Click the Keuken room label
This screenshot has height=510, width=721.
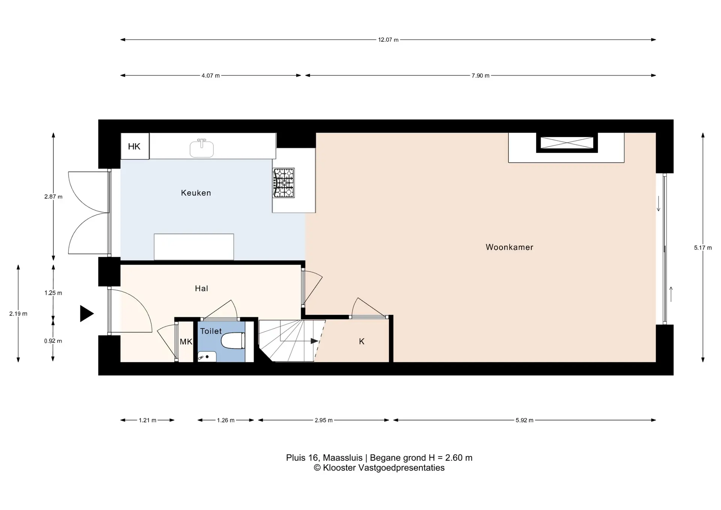tap(196, 193)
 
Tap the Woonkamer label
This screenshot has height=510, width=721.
tap(510, 247)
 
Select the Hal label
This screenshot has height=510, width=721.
tap(202, 288)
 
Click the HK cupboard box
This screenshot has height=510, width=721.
tap(135, 146)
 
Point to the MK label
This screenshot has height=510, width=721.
tap(186, 342)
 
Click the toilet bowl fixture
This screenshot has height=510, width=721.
tap(233, 341)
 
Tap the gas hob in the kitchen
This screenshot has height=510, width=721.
tap(284, 183)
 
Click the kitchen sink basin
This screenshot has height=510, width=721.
tap(202, 149)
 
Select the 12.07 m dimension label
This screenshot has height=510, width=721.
tap(388, 40)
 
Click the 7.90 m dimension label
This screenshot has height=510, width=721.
tap(481, 75)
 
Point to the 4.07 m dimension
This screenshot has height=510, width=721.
tap(211, 75)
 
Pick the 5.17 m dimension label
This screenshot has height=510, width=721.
tap(703, 248)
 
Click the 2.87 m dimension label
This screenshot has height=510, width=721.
tap(53, 196)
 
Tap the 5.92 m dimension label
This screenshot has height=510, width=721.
tap(525, 420)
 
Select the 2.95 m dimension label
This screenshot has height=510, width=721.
tap(324, 420)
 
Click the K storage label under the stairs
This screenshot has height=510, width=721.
tap(362, 341)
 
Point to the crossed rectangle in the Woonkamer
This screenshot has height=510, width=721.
tap(567, 143)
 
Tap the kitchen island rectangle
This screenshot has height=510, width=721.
tap(194, 247)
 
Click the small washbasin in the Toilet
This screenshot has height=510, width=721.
tap(207, 357)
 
